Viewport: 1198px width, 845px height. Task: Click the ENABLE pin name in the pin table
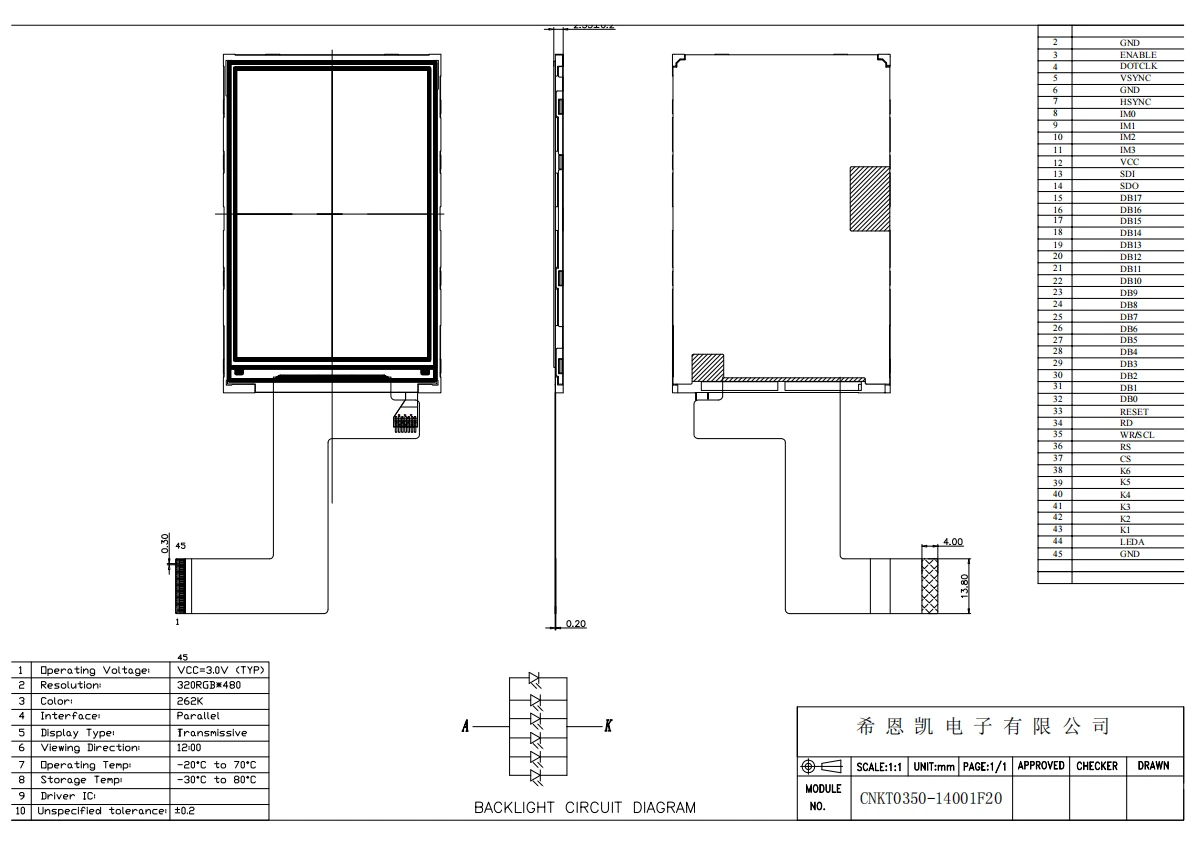pyautogui.click(x=1137, y=55)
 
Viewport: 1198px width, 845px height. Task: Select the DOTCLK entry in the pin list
pyautogui.click(x=1137, y=66)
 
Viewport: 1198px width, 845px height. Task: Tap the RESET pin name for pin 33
pyautogui.click(x=1134, y=412)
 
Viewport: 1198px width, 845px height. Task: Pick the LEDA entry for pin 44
pyautogui.click(x=1132, y=541)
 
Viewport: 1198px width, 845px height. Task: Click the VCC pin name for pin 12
pyautogui.click(x=1129, y=162)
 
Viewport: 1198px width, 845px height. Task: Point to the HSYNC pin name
pyautogui.click(x=1135, y=102)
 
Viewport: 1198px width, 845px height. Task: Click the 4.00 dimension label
pyautogui.click(x=953, y=541)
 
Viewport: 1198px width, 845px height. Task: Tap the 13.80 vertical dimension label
pyautogui.click(x=964, y=583)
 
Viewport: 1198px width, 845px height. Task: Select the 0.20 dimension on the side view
pyautogui.click(x=576, y=624)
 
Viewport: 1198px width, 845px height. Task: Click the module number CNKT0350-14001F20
pyautogui.click(x=931, y=800)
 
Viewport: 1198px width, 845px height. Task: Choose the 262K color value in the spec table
pyautogui.click(x=189, y=701)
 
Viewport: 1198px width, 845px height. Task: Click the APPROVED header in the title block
pyautogui.click(x=1040, y=766)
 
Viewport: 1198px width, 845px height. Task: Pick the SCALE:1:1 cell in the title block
pyautogui.click(x=876, y=766)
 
